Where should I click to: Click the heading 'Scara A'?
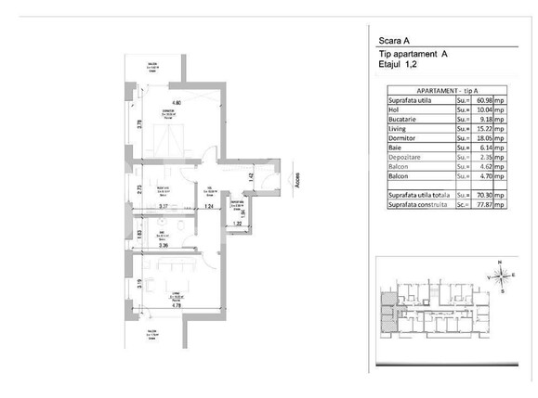tap(396, 41)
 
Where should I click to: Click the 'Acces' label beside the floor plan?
tap(297, 183)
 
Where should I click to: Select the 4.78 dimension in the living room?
tap(175, 303)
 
